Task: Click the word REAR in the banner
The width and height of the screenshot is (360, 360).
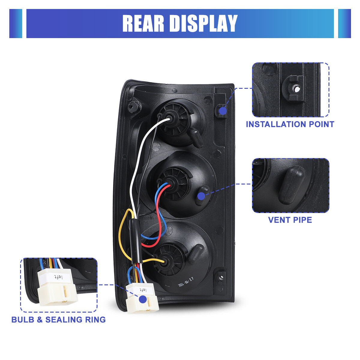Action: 143,23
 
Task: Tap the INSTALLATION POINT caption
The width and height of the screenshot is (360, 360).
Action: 290,124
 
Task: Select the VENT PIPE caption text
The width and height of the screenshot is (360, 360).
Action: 290,220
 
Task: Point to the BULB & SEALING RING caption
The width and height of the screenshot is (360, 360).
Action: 58,319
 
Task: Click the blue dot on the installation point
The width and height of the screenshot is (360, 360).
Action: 223,111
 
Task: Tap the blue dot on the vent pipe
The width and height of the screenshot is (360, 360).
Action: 201,196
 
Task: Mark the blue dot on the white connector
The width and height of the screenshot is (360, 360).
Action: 143,299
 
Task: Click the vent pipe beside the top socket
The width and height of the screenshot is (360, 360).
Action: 196,136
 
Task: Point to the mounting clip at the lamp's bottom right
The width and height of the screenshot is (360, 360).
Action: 221,277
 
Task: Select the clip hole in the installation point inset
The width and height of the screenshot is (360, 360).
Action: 295,88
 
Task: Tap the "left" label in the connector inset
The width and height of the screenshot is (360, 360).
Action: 58,277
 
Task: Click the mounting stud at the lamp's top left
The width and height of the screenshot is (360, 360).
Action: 134,106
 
